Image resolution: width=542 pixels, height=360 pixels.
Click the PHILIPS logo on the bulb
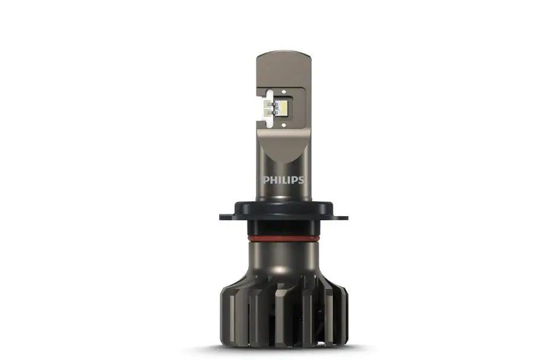point(284,180)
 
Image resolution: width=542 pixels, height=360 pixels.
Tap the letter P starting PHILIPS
point(266,180)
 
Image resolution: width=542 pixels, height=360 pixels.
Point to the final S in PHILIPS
point(301,180)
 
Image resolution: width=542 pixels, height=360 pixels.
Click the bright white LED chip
point(283,107)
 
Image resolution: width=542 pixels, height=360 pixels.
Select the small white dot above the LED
point(284,92)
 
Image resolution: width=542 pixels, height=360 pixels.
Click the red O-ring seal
point(284,238)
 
